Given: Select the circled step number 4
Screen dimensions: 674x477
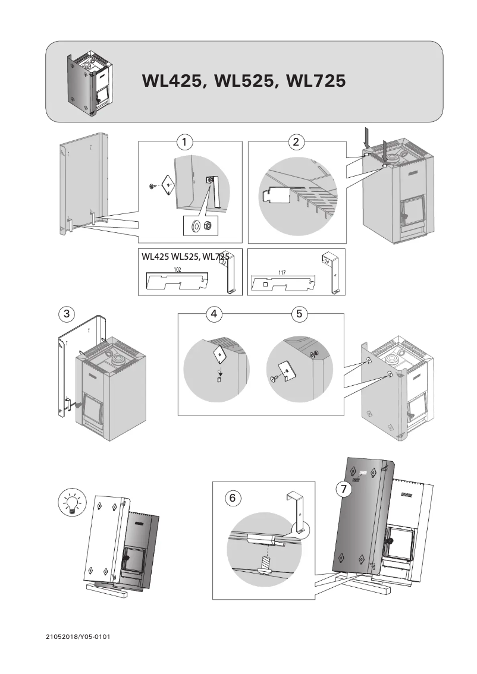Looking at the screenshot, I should (x=214, y=314).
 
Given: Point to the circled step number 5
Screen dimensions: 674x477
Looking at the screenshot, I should (x=300, y=314).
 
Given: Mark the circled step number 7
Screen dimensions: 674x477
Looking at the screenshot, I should (x=342, y=489).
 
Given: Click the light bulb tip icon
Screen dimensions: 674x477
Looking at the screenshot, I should (x=71, y=504).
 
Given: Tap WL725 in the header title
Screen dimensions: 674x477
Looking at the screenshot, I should (x=315, y=81).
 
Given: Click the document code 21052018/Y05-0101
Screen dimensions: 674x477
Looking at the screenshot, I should (x=78, y=637).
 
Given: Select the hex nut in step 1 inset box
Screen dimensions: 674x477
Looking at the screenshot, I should (x=208, y=225).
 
